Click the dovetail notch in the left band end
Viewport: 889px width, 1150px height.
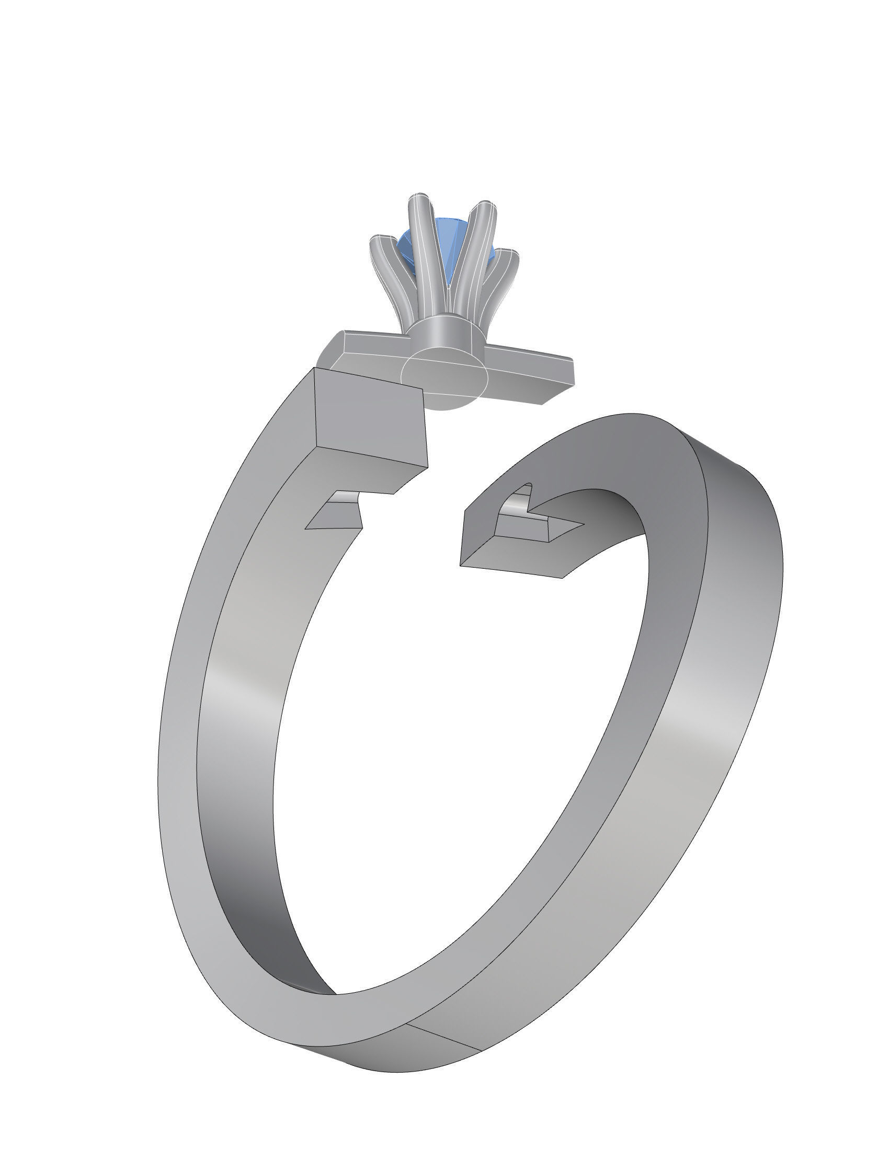[x=337, y=514]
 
